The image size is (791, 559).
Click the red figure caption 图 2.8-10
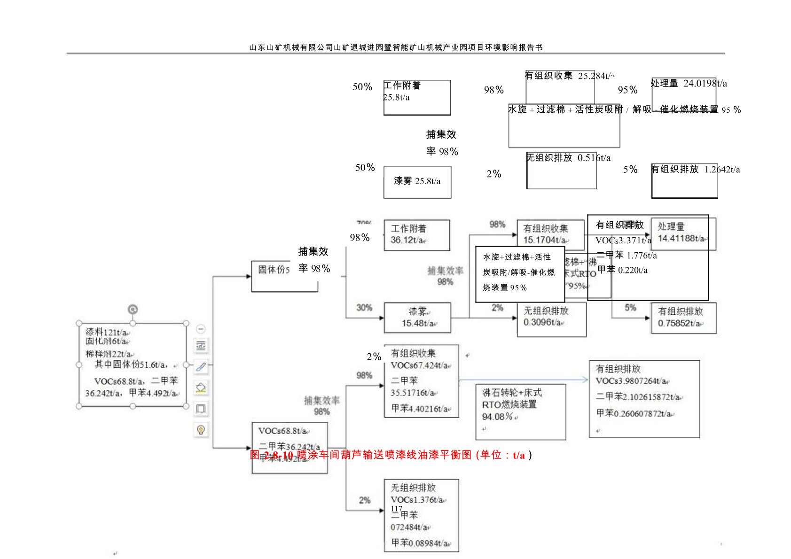coord(391,455)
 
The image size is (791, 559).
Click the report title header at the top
coord(396,47)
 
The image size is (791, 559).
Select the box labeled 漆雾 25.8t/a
coord(417,182)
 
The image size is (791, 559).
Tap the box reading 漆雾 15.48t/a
coord(417,318)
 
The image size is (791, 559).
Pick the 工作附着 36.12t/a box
coord(416,235)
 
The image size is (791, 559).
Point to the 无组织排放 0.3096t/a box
coord(551,319)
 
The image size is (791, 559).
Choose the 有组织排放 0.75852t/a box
coord(684,318)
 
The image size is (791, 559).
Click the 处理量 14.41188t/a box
coord(682,233)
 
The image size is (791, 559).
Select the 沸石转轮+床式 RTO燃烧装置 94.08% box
coord(520,411)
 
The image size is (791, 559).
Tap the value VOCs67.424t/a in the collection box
coord(419,365)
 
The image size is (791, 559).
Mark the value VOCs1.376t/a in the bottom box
coord(417,500)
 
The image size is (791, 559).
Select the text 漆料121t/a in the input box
coord(106,332)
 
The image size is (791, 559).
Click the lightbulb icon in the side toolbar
coord(201,429)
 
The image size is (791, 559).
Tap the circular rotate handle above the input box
coord(133,309)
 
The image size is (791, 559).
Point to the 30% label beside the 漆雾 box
coord(364,308)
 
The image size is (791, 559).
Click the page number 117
coord(396,509)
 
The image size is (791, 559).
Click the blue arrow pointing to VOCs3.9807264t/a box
coord(524,380)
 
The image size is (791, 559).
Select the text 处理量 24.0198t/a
coord(689,84)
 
